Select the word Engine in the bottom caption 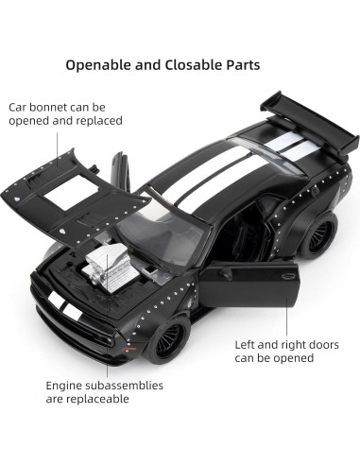[x=67, y=386]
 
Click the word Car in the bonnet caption [x=19, y=108]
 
